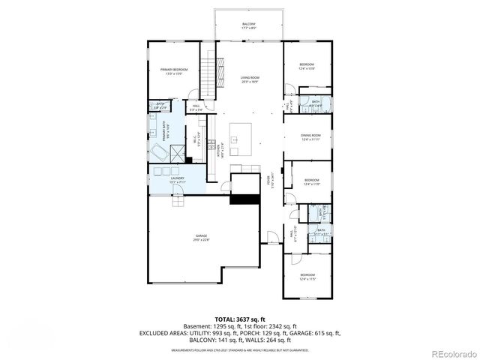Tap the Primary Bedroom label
[174, 71]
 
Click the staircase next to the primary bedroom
[209, 73]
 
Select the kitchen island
[241, 134]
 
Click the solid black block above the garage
[244, 198]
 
